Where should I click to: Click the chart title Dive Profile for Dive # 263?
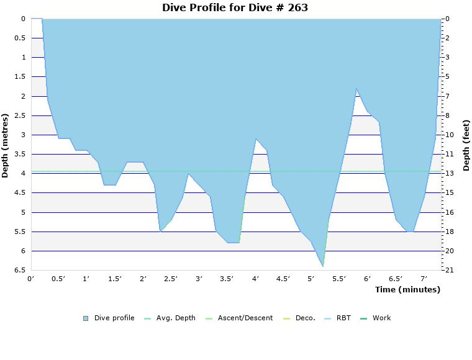tap(235, 8)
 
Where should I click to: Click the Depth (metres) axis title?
tap(6, 145)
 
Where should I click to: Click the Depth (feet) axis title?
tap(466, 145)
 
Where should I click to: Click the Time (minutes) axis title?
tap(407, 289)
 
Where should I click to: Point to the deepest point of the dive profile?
tap(323, 266)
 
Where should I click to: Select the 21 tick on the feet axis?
tap(448, 271)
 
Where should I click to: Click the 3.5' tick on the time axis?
tap(227, 279)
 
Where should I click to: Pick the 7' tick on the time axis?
tap(424, 279)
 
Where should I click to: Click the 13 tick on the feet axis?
tap(448, 173)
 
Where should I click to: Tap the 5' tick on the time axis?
tap(311, 279)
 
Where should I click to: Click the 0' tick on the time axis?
tap(31, 279)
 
